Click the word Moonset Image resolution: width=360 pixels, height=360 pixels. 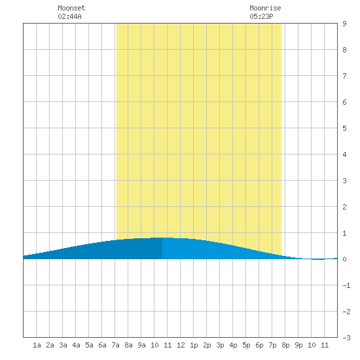click(x=71, y=8)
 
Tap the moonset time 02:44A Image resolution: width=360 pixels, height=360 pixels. click(x=69, y=16)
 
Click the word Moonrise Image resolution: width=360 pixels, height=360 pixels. click(x=265, y=8)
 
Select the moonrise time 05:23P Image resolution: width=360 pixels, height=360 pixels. click(x=261, y=16)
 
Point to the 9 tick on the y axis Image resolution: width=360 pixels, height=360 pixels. click(x=344, y=24)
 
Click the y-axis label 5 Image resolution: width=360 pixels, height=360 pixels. click(x=344, y=128)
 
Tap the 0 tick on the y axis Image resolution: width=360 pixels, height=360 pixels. click(x=344, y=259)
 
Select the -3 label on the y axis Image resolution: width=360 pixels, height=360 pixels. click(x=346, y=338)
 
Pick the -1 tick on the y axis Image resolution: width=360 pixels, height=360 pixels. click(x=346, y=285)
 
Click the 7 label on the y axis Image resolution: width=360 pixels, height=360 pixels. click(x=344, y=76)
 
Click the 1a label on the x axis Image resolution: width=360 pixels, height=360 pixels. click(x=37, y=345)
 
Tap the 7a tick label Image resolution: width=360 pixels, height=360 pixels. click(x=115, y=345)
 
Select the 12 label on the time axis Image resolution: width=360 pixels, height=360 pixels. click(x=181, y=345)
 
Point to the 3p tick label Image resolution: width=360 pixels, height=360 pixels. click(x=220, y=345)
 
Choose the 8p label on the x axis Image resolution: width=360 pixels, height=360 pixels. click(x=285, y=345)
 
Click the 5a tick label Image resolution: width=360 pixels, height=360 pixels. click(x=89, y=345)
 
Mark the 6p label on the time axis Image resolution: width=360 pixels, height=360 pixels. click(x=259, y=345)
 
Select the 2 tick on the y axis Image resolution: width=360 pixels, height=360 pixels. click(x=344, y=207)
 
